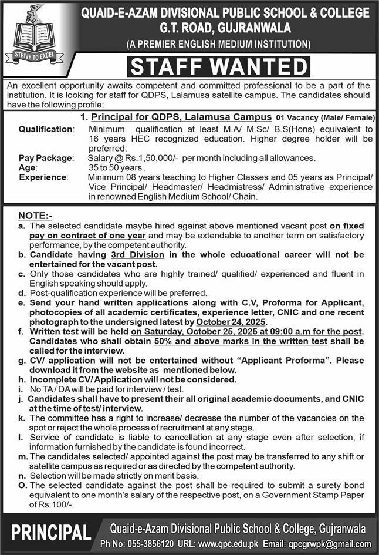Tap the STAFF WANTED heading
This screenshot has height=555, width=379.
pos(219,66)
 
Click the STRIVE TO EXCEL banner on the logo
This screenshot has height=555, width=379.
pos(33,56)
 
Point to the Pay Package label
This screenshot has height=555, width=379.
pos(46,158)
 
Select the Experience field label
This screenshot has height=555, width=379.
pos(43,176)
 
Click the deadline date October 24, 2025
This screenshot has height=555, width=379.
pos(232,322)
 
